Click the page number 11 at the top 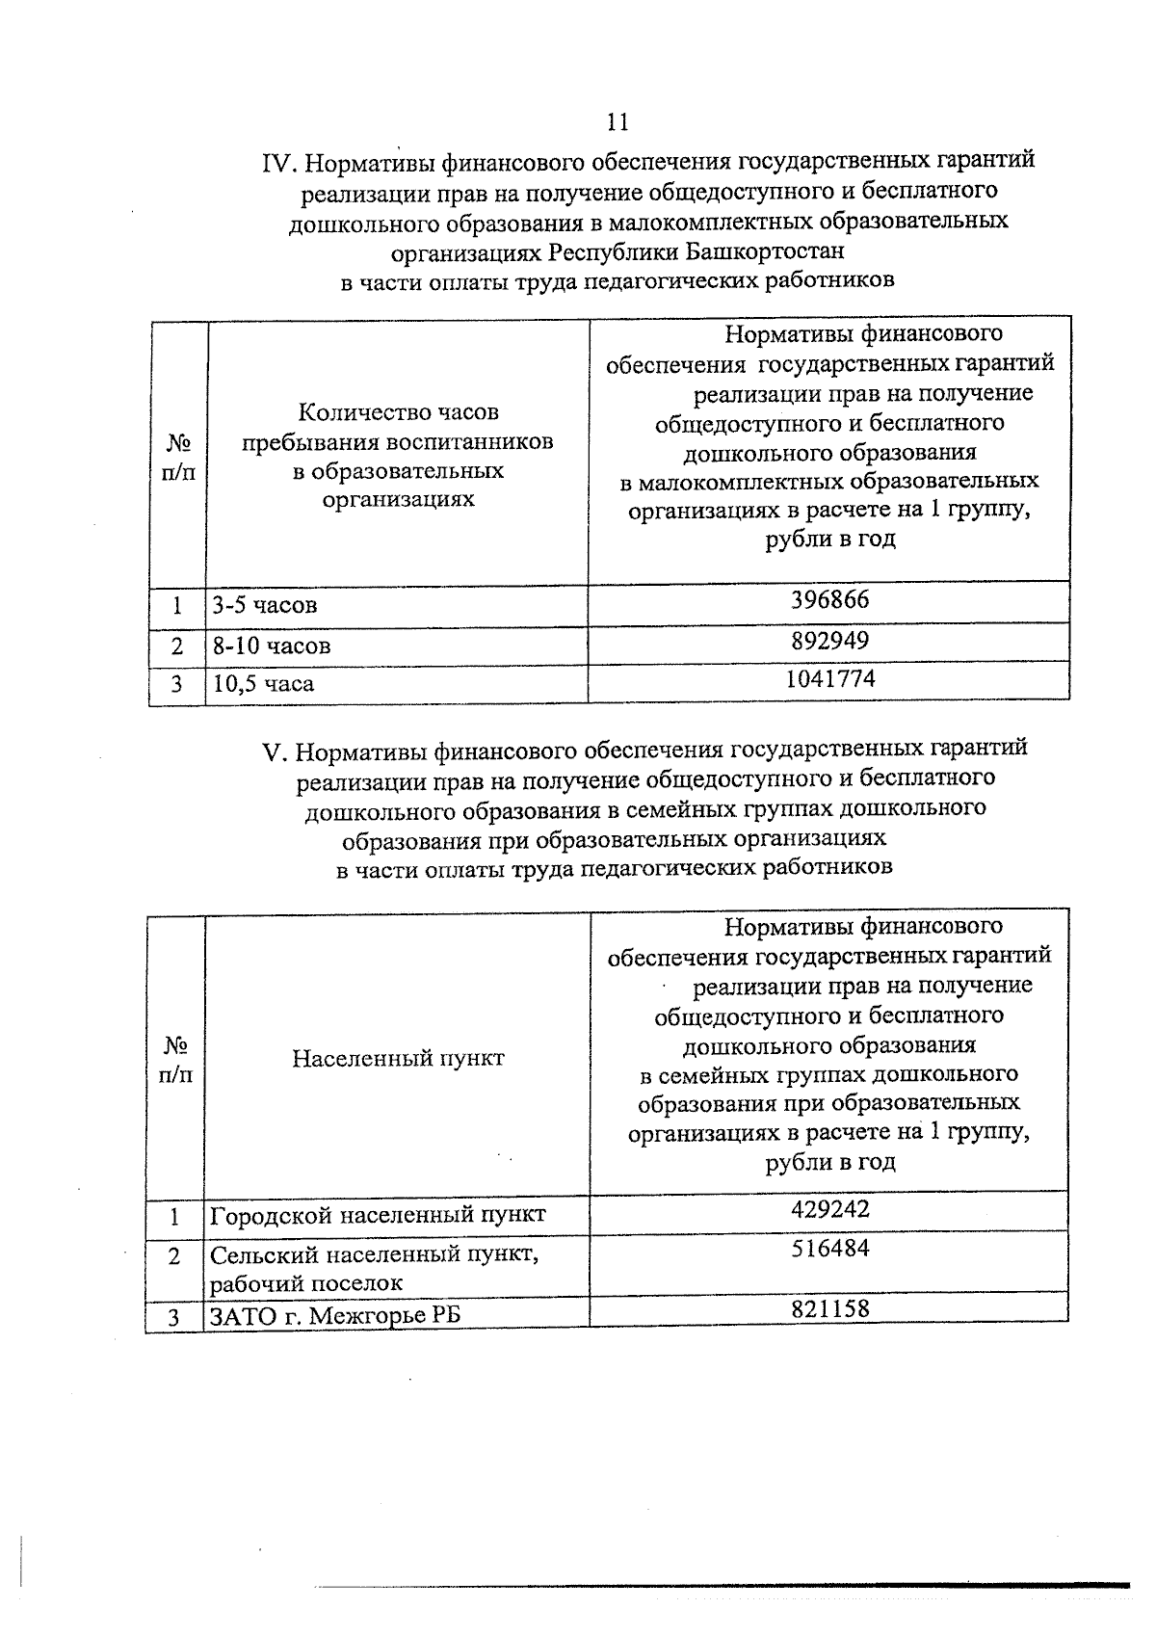[617, 121]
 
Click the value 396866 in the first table [829, 599]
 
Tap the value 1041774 [829, 678]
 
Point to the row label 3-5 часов [265, 605]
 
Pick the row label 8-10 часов [272, 646]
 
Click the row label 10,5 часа [263, 684]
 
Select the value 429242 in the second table [829, 1208]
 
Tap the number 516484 [829, 1248]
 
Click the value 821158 [829, 1307]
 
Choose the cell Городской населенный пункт [378, 1214]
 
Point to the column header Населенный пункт [398, 1058]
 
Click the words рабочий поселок [306, 1282]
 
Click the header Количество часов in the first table [398, 412]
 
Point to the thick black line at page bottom [722, 1585]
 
